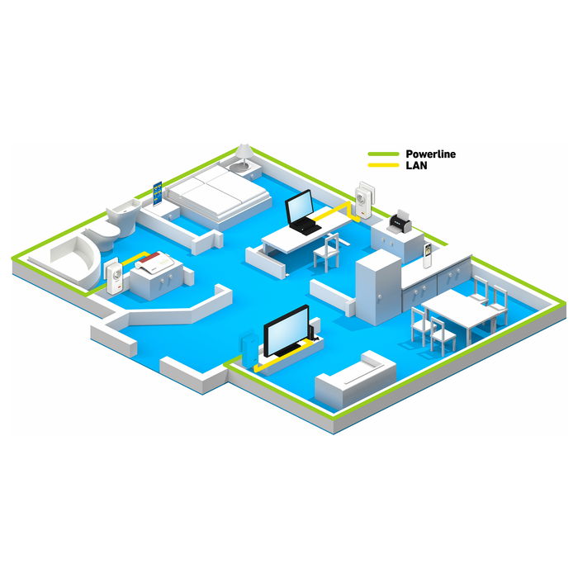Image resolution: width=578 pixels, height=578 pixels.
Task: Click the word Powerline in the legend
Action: pyautogui.click(x=430, y=154)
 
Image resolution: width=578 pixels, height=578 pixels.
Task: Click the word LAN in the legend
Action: pyautogui.click(x=416, y=165)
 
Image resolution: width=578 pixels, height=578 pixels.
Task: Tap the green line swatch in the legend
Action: pyautogui.click(x=383, y=154)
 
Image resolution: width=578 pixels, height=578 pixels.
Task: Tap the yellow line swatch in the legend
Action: pyautogui.click(x=383, y=165)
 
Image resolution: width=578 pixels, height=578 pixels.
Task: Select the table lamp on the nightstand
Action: pyautogui.click(x=244, y=158)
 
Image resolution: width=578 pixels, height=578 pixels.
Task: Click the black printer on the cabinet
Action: pyautogui.click(x=400, y=221)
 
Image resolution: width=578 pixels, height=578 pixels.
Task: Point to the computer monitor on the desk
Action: pyautogui.click(x=299, y=207)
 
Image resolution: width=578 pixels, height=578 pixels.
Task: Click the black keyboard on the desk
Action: pyautogui.click(x=306, y=225)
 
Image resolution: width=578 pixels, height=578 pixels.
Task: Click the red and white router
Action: pyautogui.click(x=155, y=261)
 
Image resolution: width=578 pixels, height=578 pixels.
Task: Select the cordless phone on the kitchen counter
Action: pyautogui.click(x=428, y=255)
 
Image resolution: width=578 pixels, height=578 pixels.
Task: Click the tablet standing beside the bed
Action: pyautogui.click(x=158, y=193)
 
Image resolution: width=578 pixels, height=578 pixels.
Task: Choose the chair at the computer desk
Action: pyautogui.click(x=327, y=253)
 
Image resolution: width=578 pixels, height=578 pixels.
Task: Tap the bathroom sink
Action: pyautogui.click(x=124, y=215)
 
